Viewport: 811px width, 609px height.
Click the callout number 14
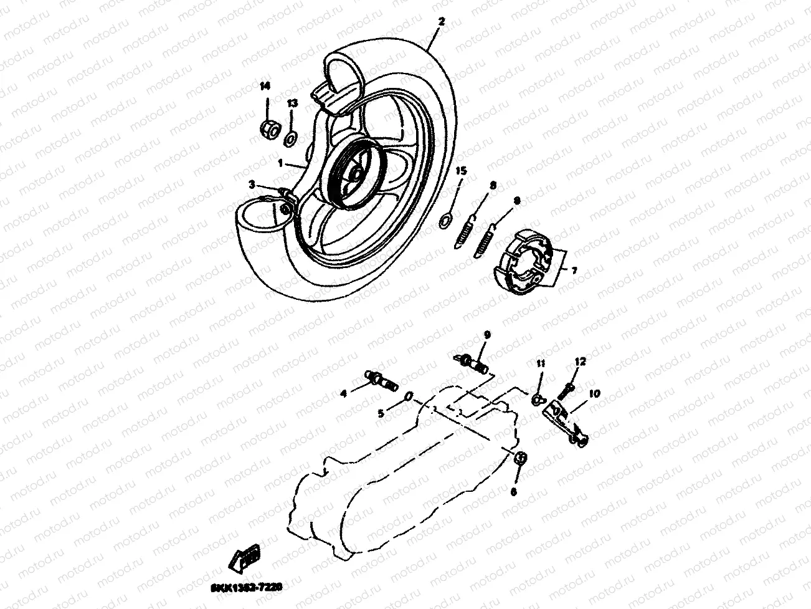[x=265, y=87]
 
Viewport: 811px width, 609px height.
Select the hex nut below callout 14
[x=268, y=129]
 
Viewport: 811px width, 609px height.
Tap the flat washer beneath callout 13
[x=292, y=137]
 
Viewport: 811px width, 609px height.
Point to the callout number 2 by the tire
[x=441, y=22]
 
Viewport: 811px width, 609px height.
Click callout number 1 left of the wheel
[x=281, y=164]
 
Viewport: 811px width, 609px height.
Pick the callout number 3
[x=252, y=185]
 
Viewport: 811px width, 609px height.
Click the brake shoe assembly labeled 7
[x=524, y=260]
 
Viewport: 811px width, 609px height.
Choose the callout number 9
[x=486, y=335]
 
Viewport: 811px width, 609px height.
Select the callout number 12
[x=581, y=362]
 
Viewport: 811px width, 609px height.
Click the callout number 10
[x=594, y=393]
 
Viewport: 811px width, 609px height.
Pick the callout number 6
[x=513, y=492]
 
